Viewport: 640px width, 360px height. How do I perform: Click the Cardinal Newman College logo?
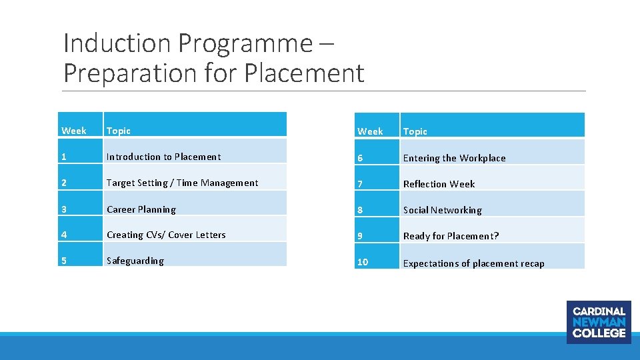[599, 322]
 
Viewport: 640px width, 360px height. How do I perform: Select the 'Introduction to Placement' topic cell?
[163, 157]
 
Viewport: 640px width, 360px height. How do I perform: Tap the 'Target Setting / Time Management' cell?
[182, 183]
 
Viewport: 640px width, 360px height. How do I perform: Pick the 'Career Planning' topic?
[141, 209]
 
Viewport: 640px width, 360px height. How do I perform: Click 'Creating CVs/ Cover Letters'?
[166, 235]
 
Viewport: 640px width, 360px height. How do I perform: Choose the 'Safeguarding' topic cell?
[135, 261]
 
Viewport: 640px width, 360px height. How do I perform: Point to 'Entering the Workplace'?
[454, 158]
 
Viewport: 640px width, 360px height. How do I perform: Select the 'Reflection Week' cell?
[439, 184]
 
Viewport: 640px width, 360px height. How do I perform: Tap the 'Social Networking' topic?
[442, 210]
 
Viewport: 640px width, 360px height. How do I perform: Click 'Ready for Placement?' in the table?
[451, 236]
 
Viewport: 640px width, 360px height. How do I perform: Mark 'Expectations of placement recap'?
[473, 263]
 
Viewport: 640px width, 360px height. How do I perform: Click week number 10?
[362, 262]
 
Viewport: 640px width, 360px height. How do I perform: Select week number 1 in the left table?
[64, 157]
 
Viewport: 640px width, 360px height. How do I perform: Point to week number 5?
[64, 261]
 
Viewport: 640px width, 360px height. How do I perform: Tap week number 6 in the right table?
[360, 158]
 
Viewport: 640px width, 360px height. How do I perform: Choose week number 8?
[360, 210]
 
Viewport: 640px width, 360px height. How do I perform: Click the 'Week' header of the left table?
[73, 131]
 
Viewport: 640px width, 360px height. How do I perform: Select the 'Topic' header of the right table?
[415, 131]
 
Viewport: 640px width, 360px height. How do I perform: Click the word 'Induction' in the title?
[117, 44]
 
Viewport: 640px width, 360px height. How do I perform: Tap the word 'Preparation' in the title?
[125, 73]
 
